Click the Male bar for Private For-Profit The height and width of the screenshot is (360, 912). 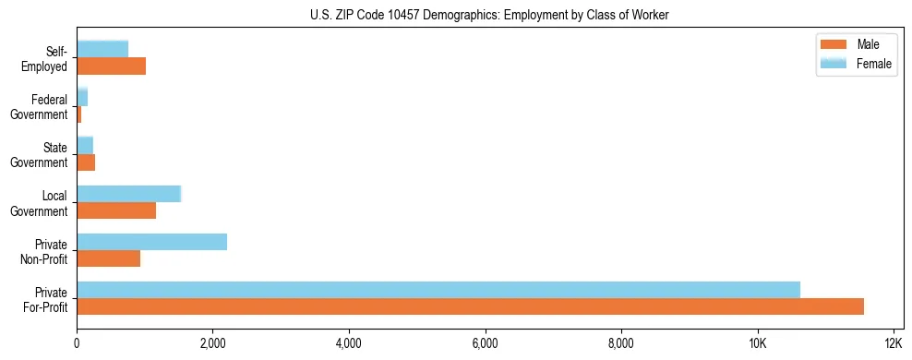point(470,306)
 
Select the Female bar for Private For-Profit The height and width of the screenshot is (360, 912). point(438,290)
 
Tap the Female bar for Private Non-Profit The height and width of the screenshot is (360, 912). point(151,242)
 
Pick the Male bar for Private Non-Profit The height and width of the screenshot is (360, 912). point(109,258)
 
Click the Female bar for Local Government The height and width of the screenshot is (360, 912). point(128,194)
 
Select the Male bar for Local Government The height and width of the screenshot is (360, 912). point(116,210)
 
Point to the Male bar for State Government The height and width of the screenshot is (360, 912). point(86,162)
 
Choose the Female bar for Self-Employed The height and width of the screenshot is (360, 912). point(102,49)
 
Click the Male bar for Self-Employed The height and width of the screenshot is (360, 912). point(111,66)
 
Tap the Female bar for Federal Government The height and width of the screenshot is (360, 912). point(82,98)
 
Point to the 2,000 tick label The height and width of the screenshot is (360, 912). point(212,344)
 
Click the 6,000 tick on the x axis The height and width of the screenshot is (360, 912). point(485,344)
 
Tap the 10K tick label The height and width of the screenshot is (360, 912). point(757,344)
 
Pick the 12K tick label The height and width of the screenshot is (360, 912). point(893,344)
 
